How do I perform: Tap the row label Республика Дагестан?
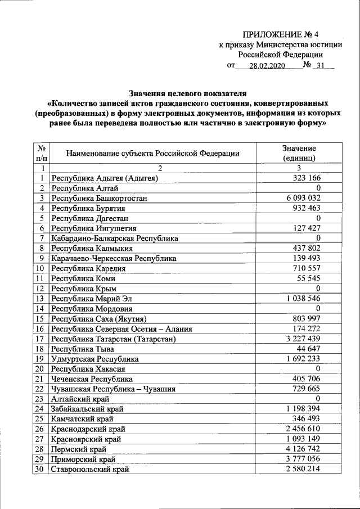click(86, 218)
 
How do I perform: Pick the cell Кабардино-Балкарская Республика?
click(115, 238)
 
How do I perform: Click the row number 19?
click(40, 359)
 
